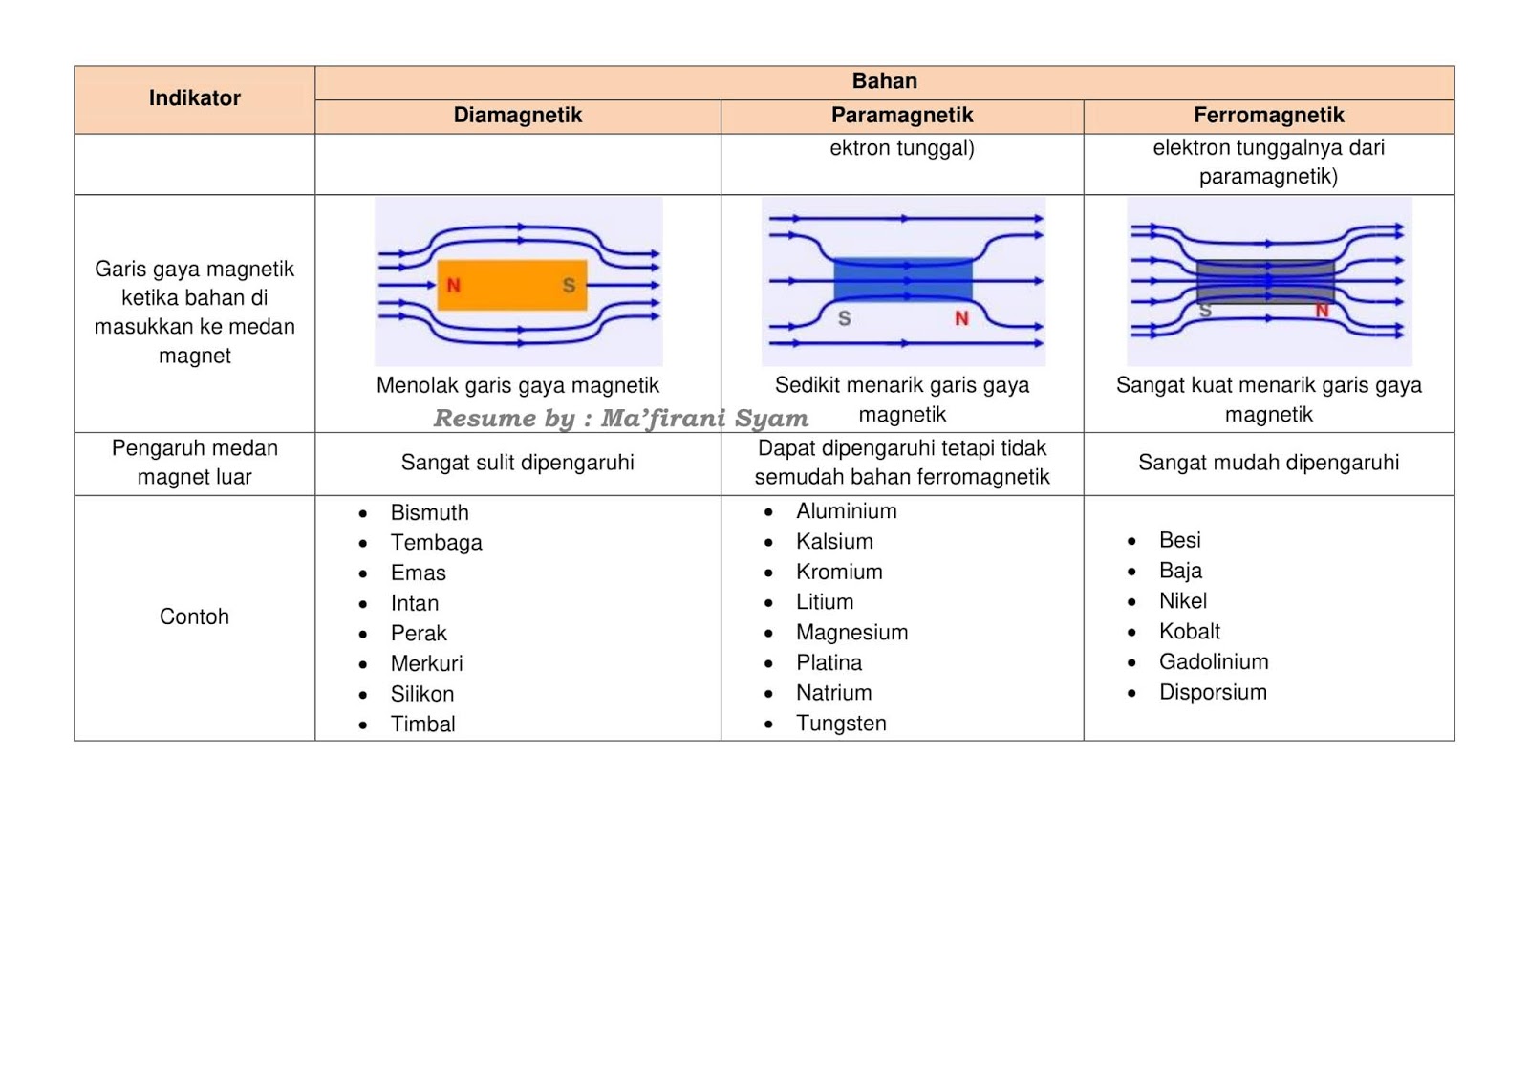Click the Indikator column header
click(194, 97)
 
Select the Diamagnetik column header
click(517, 116)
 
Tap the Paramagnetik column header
click(901, 116)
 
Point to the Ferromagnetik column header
click(1268, 116)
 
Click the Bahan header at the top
click(884, 81)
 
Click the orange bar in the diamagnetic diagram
click(511, 285)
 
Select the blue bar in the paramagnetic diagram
click(902, 281)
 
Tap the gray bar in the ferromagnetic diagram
click(1264, 282)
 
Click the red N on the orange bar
click(453, 285)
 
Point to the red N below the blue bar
click(961, 318)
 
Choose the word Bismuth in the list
click(429, 513)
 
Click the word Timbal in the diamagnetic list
click(422, 724)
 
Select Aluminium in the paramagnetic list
click(846, 511)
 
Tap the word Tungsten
click(841, 724)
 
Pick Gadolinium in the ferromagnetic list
click(1214, 662)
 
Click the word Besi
click(1179, 540)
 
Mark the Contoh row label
click(194, 616)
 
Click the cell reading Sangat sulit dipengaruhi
click(517, 463)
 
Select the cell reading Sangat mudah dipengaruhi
click(1268, 463)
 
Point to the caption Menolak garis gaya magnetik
click(517, 385)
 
